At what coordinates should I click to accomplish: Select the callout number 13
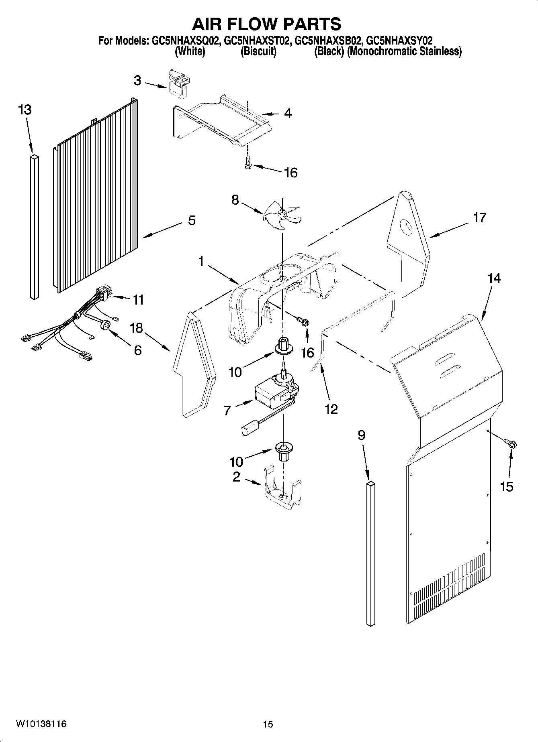25,110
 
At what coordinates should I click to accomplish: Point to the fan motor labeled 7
272,392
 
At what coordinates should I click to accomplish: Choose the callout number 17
479,218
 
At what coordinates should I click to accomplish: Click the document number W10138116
41,724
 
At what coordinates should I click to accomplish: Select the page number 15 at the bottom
268,724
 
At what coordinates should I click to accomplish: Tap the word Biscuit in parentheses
258,51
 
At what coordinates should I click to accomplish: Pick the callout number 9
361,435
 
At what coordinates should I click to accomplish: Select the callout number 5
192,220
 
